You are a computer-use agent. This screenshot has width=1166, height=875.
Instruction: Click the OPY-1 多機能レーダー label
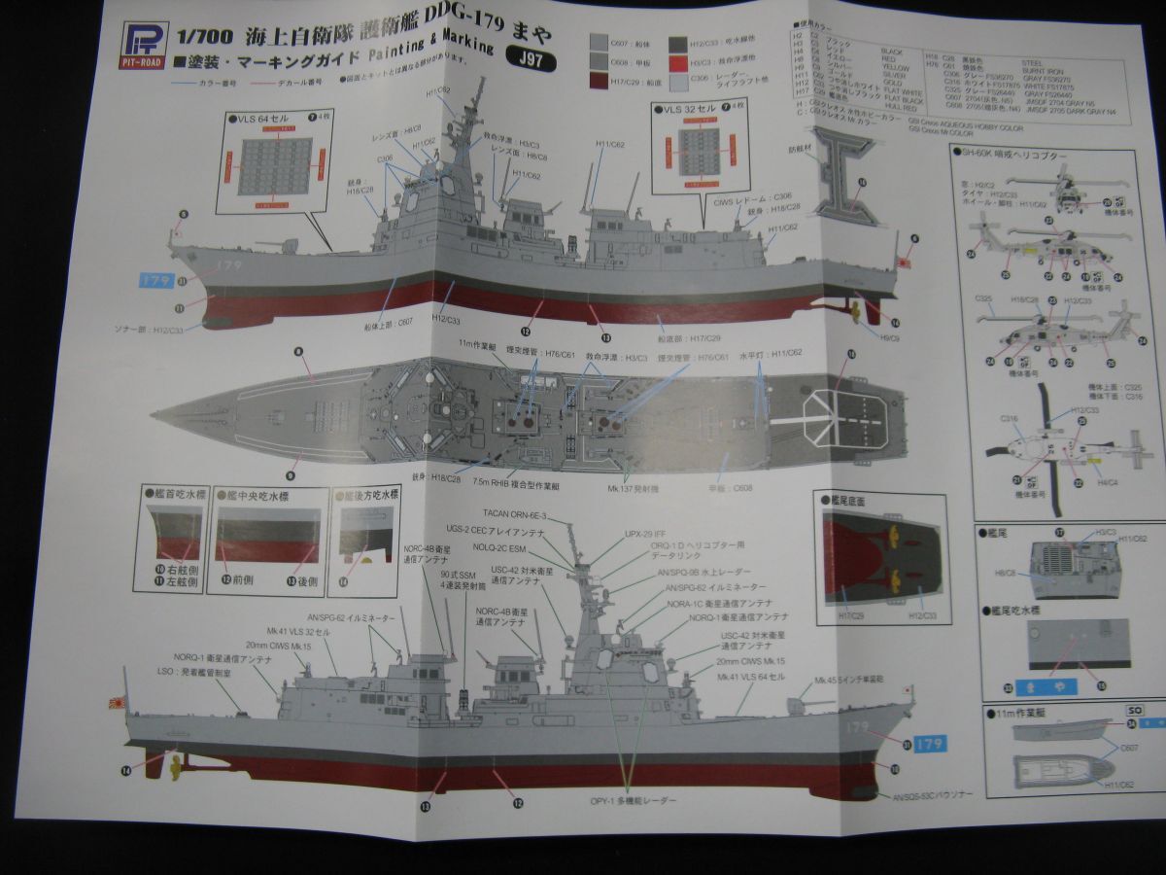click(x=633, y=800)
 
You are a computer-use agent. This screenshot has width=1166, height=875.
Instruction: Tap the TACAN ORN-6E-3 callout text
click(x=515, y=513)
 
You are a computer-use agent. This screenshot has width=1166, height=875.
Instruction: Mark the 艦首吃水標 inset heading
click(x=175, y=494)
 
